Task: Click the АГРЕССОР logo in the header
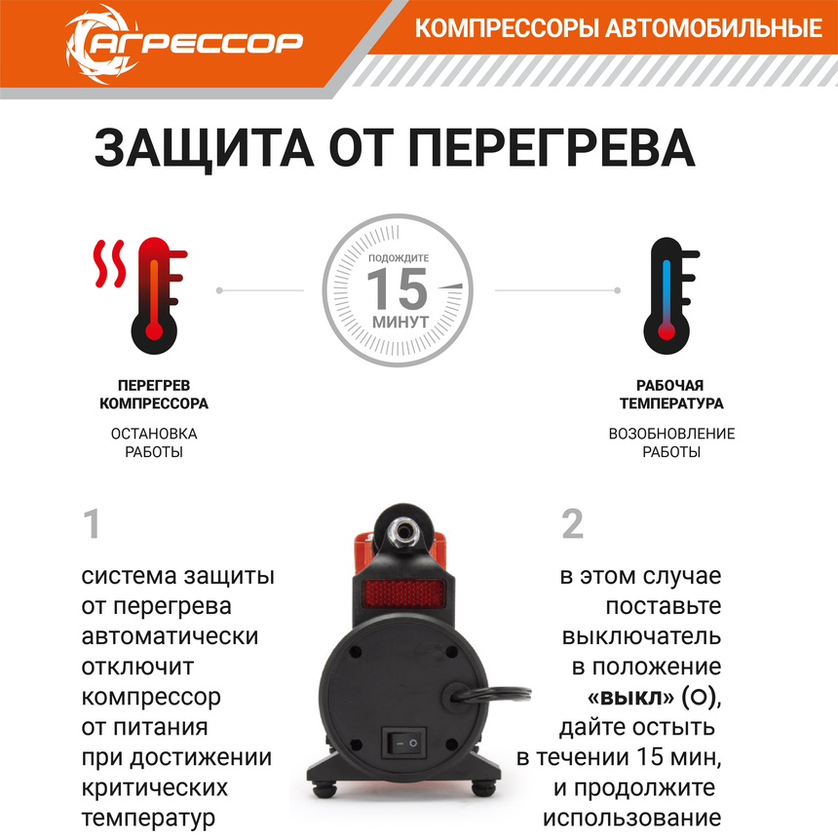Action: [184, 41]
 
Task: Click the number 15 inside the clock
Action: [399, 288]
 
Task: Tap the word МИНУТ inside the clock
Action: [400, 322]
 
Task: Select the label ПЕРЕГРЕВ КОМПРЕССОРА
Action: [155, 395]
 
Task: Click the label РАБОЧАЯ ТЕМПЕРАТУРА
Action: [671, 395]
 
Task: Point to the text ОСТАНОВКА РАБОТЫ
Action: [155, 442]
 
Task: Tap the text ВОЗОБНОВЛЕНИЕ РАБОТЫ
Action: [671, 442]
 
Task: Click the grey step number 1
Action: [93, 525]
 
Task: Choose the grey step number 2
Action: [573, 525]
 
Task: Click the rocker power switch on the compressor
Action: [404, 743]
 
